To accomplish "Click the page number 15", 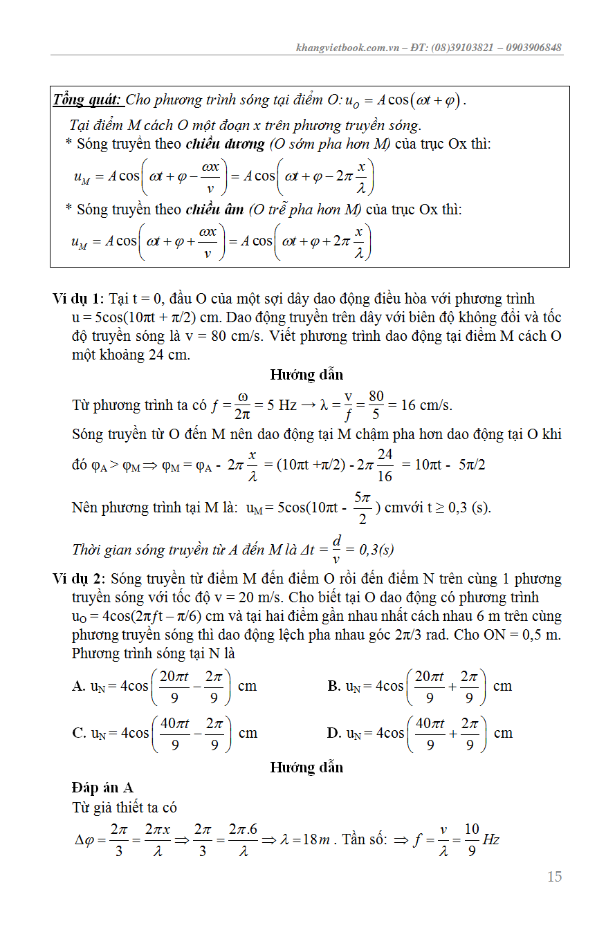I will click(554, 877).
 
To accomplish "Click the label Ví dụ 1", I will click(77, 299).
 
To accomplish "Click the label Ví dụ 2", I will click(77, 579).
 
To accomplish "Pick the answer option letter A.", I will click(78, 686).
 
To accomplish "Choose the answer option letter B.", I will click(333, 686).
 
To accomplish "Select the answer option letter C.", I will click(78, 733).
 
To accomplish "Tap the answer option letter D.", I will click(333, 733).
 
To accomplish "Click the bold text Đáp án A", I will click(102, 788).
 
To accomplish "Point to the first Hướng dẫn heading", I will click(306, 375).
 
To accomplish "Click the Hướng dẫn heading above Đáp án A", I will click(306, 767).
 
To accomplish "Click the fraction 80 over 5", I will click(376, 404).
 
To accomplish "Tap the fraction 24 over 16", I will click(385, 465).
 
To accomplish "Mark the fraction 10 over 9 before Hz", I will click(471, 840).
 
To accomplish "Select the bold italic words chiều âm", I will click(214, 209).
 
